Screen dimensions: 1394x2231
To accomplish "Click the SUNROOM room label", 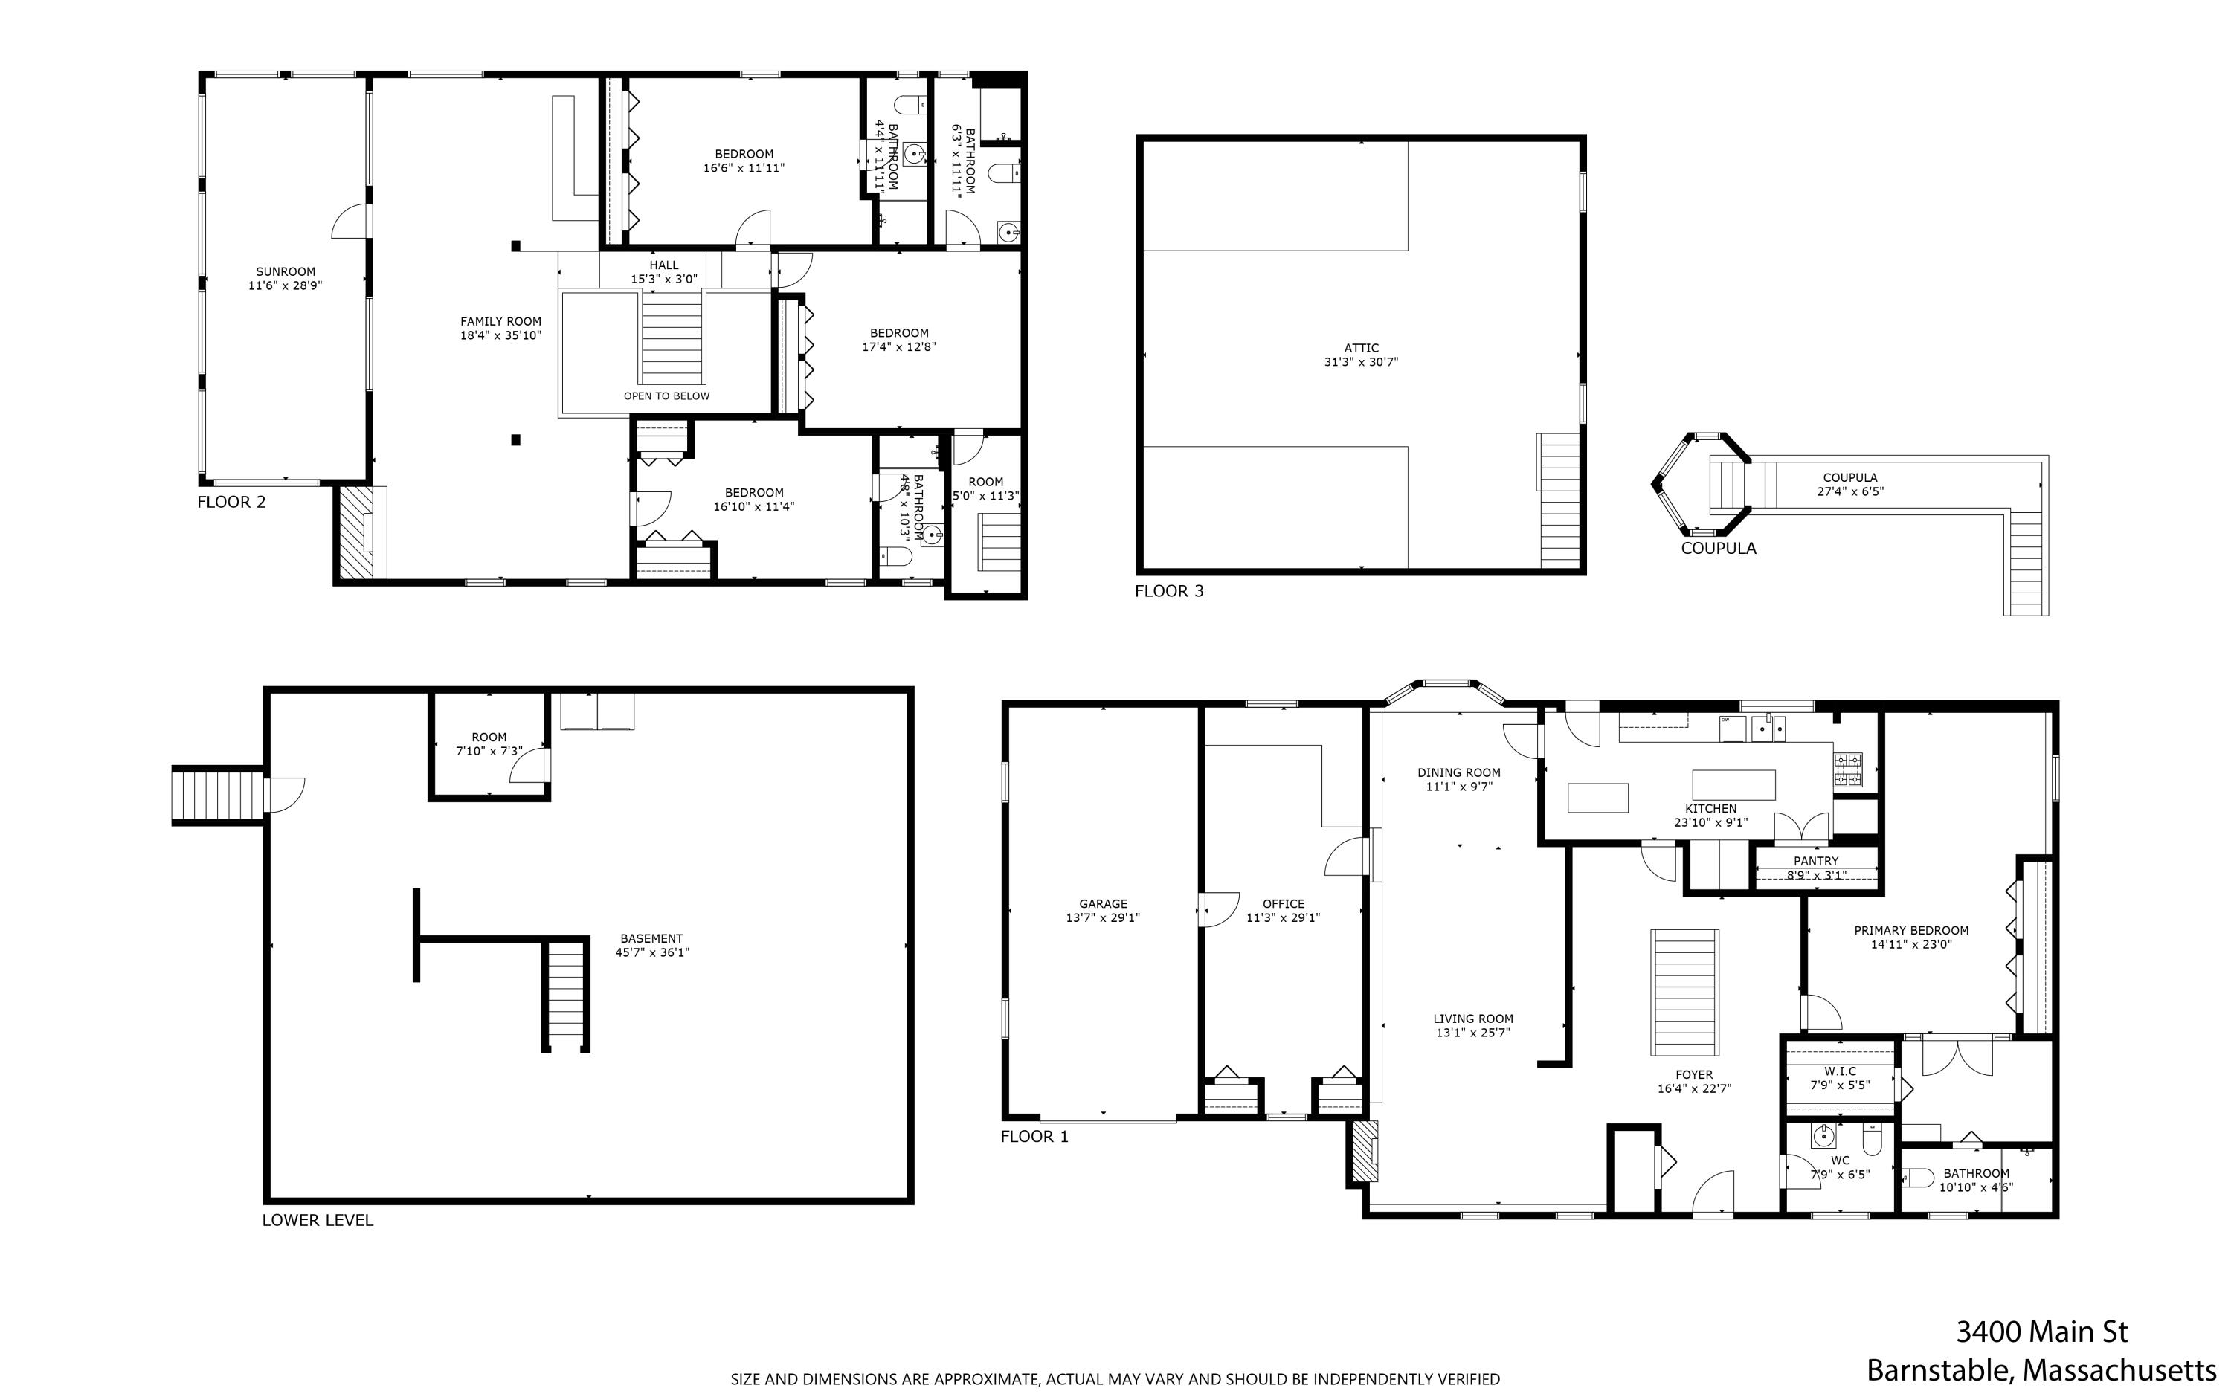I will click(x=285, y=272).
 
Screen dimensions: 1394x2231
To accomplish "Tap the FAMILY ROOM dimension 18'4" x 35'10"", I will click(x=500, y=335).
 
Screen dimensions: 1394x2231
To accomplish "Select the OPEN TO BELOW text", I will click(x=666, y=396).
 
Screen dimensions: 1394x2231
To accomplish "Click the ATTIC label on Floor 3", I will click(x=1361, y=349).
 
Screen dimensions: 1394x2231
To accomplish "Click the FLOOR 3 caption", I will click(x=1168, y=591).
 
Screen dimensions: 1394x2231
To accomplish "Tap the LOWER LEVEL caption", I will click(x=317, y=1220).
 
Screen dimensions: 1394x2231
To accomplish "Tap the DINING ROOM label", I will click(x=1458, y=772).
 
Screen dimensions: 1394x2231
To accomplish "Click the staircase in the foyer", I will click(x=1684, y=991).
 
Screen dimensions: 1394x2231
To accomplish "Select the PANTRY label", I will click(x=1815, y=861).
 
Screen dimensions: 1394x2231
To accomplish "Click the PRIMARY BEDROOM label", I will click(x=1911, y=930).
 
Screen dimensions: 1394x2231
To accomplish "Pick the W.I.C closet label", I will click(x=1839, y=1071).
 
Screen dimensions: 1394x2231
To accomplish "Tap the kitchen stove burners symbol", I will click(x=1847, y=769).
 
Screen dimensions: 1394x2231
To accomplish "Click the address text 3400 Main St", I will click(x=2041, y=1332).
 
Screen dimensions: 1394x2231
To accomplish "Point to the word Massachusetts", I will click(x=2119, y=1370).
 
